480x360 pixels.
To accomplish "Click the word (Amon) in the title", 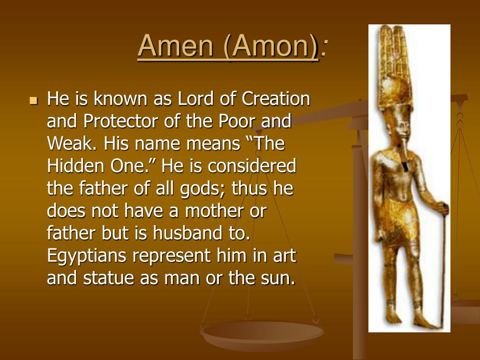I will (x=271, y=46).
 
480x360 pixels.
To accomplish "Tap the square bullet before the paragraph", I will (x=33, y=100).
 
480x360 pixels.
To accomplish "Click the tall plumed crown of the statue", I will (x=395, y=66).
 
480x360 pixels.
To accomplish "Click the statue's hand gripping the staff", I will (x=441, y=207).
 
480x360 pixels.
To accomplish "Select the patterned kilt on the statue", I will (x=402, y=220).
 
